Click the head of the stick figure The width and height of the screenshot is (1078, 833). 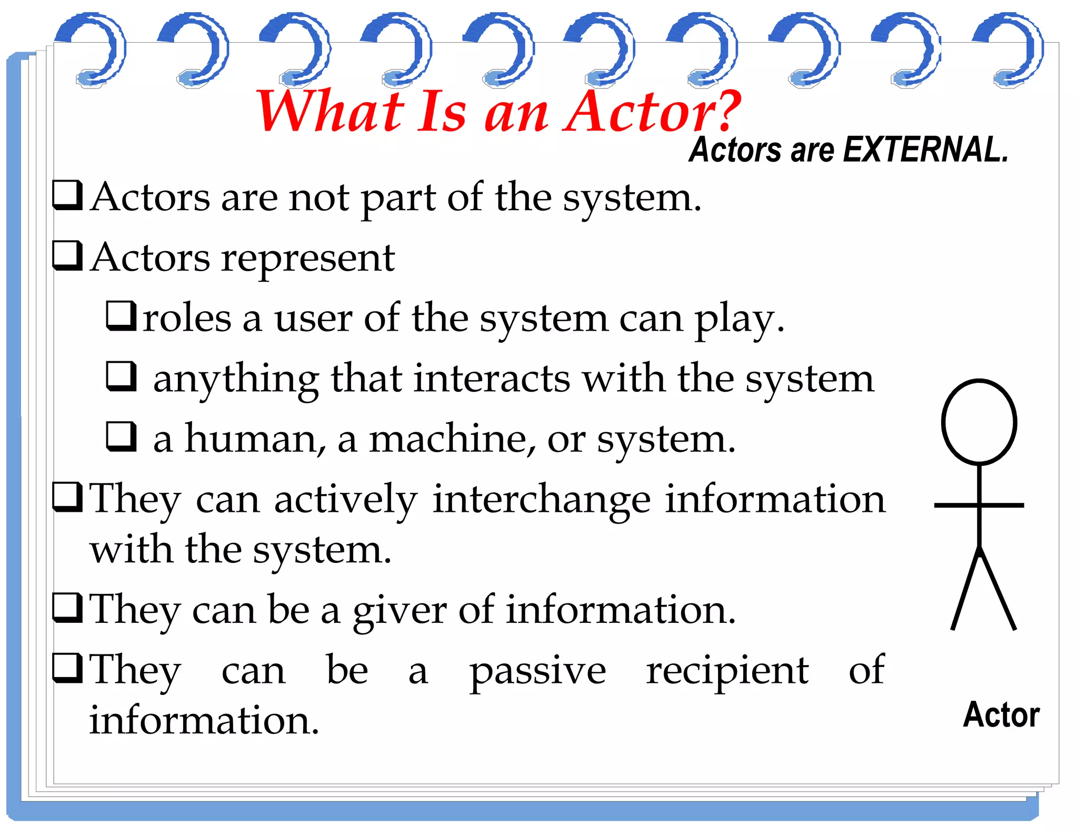point(979,422)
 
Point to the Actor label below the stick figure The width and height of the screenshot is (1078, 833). point(1001,715)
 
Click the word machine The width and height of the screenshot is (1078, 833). point(452,439)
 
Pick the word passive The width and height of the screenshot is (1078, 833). point(537,671)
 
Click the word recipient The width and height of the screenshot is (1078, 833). point(727,671)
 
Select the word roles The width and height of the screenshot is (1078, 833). point(187,319)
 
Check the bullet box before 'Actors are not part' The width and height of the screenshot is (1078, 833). point(68,195)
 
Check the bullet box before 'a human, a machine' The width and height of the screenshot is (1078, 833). point(121,436)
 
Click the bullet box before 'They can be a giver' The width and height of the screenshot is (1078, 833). point(68,608)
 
